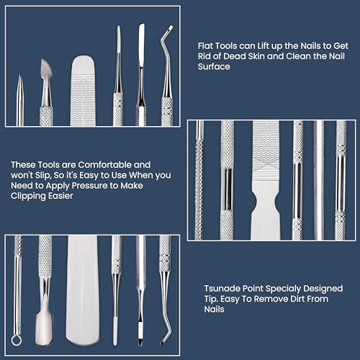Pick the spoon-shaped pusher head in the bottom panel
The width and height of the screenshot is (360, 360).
(45, 333)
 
